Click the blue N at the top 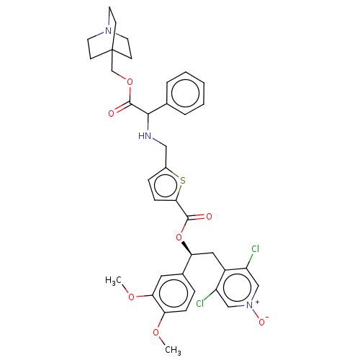coord(109,31)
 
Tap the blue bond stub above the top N coord(109,22)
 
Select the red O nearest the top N coord(129,82)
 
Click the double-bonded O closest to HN coord(112,113)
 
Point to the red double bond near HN coord(117,110)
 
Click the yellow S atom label coord(183,180)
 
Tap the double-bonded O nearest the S coord(209,216)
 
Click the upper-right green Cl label coord(255,249)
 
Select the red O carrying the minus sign coord(261,323)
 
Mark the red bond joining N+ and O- coord(256,315)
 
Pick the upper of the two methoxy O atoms coord(131,297)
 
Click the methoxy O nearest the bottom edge coord(156,332)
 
